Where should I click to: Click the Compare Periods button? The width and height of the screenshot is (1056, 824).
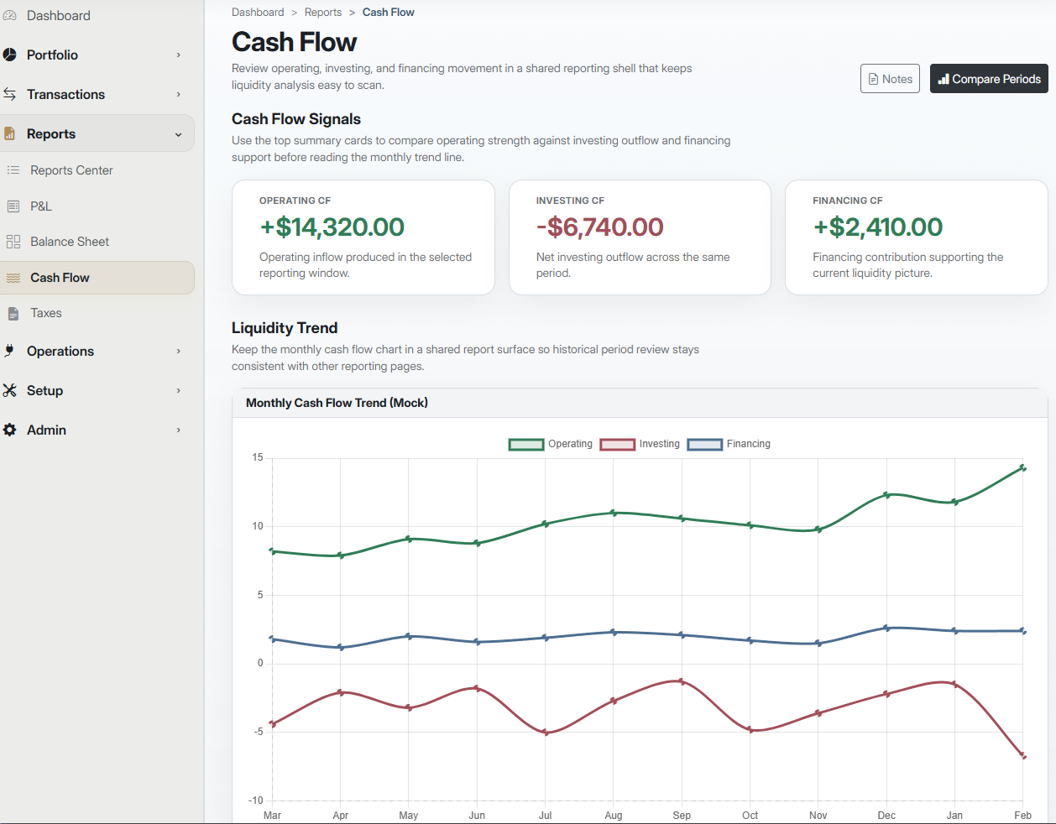pos(989,79)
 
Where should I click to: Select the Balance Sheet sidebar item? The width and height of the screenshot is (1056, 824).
pos(70,242)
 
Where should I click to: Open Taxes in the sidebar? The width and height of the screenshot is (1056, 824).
pos(46,313)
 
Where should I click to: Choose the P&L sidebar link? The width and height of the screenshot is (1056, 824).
pos(41,206)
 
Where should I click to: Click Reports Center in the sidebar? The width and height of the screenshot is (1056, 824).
pos(71,170)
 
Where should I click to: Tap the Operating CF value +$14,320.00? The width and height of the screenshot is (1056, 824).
pos(332,227)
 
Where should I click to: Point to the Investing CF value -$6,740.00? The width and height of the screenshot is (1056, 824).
pos(600,227)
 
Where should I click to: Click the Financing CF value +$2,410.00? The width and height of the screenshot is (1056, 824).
pos(878,227)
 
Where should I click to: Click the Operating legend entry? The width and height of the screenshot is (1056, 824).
pos(551,444)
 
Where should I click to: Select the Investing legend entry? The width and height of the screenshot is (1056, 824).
pos(640,444)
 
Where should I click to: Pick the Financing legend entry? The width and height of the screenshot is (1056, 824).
pos(729,444)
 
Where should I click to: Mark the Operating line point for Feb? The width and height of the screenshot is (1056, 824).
pos(1022,468)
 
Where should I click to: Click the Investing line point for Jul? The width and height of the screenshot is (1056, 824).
pos(546,733)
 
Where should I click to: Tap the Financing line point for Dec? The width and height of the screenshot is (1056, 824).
pos(886,628)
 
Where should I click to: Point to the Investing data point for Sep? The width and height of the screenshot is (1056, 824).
pos(682,681)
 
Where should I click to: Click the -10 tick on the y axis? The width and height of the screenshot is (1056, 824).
pos(256,801)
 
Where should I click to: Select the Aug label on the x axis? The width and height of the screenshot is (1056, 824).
pos(614,815)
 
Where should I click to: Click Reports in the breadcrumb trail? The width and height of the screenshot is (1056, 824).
pos(323,12)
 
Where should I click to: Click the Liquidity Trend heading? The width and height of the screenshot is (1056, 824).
pos(285,328)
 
